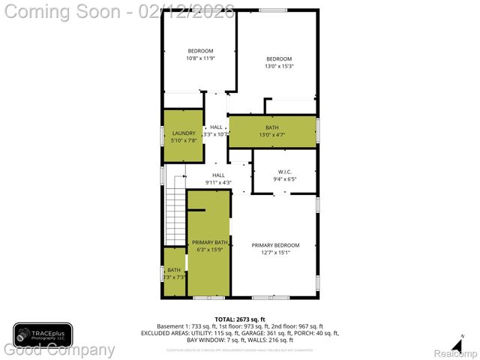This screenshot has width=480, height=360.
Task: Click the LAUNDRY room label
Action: tap(183, 133)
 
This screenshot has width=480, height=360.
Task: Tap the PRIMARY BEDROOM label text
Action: tap(275, 245)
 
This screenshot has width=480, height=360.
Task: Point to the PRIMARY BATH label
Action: tap(209, 242)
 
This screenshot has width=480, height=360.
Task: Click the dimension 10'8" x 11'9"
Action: tap(200, 58)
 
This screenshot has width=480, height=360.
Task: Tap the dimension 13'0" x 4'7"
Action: tap(271, 135)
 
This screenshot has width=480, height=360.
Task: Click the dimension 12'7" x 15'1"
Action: tap(275, 253)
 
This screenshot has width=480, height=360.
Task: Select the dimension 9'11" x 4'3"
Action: tap(218, 182)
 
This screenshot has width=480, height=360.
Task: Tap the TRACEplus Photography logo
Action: tap(43, 334)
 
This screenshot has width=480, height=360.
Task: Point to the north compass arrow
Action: tap(462, 337)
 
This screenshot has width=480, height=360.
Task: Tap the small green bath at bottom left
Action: tap(174, 274)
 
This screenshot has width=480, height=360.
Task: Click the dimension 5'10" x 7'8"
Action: tap(183, 140)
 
